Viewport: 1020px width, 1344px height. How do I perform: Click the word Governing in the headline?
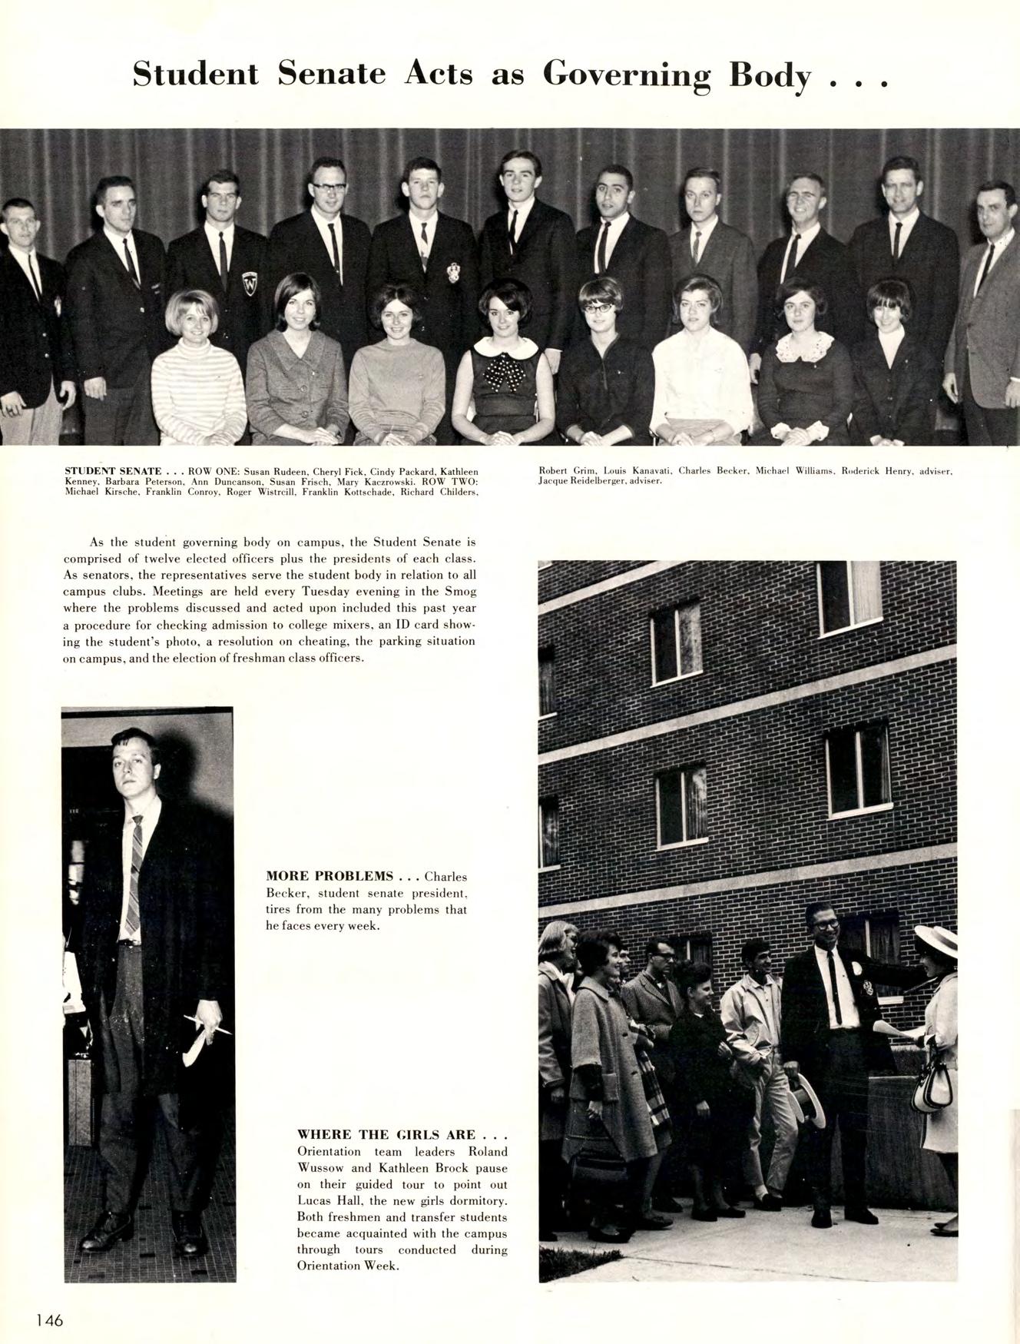coord(627,75)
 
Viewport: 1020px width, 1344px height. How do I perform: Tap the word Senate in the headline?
coord(332,74)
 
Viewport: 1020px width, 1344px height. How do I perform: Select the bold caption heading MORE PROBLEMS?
coord(330,876)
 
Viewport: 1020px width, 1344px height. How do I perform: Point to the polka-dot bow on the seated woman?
coord(503,373)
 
